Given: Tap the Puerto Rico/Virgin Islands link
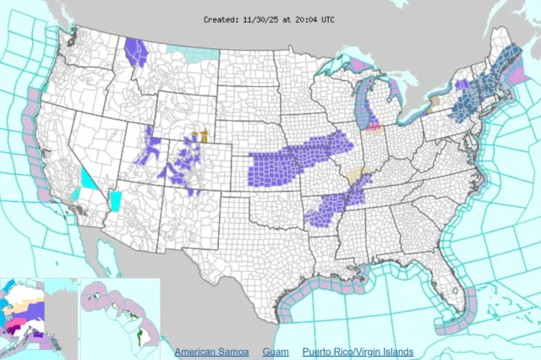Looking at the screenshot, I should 363,352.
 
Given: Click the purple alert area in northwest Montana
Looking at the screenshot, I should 135,52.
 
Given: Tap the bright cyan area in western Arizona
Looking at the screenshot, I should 116,200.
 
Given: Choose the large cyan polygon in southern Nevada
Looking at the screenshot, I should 89,179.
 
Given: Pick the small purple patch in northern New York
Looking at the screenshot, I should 462,85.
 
